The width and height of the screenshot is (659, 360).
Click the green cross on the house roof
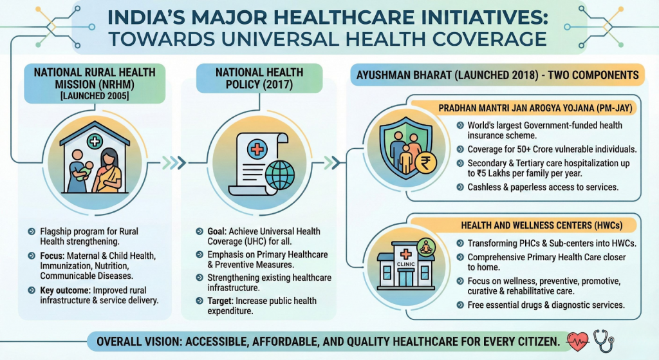95,141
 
